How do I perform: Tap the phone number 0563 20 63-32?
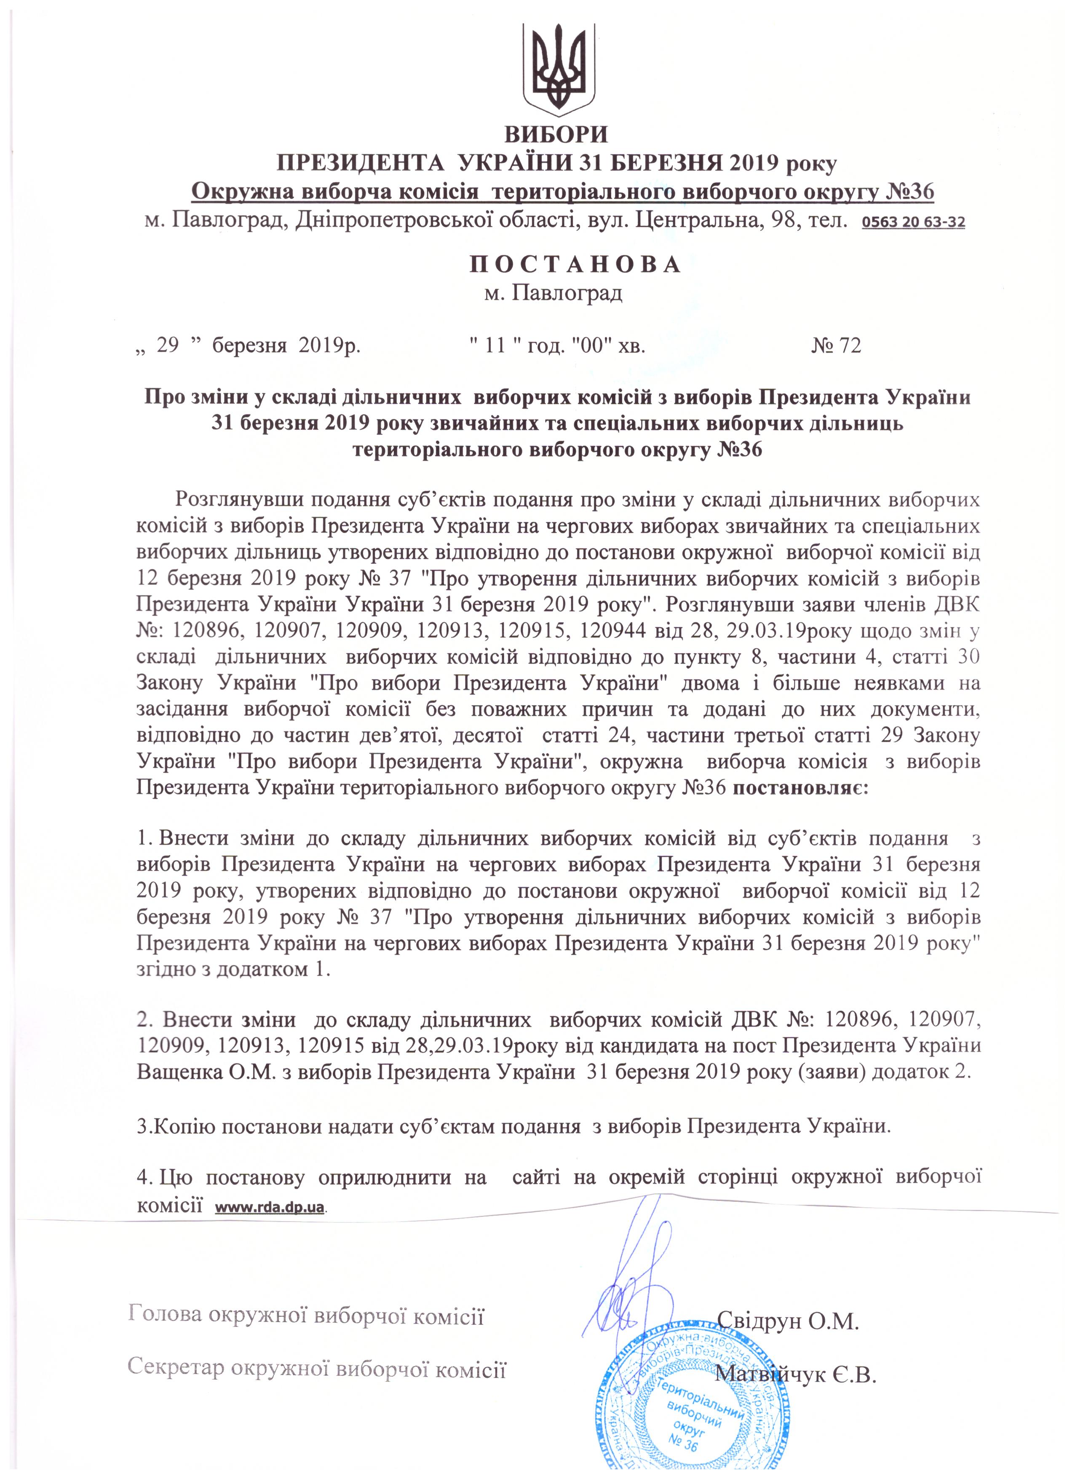point(913,223)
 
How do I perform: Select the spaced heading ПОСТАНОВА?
point(575,264)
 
